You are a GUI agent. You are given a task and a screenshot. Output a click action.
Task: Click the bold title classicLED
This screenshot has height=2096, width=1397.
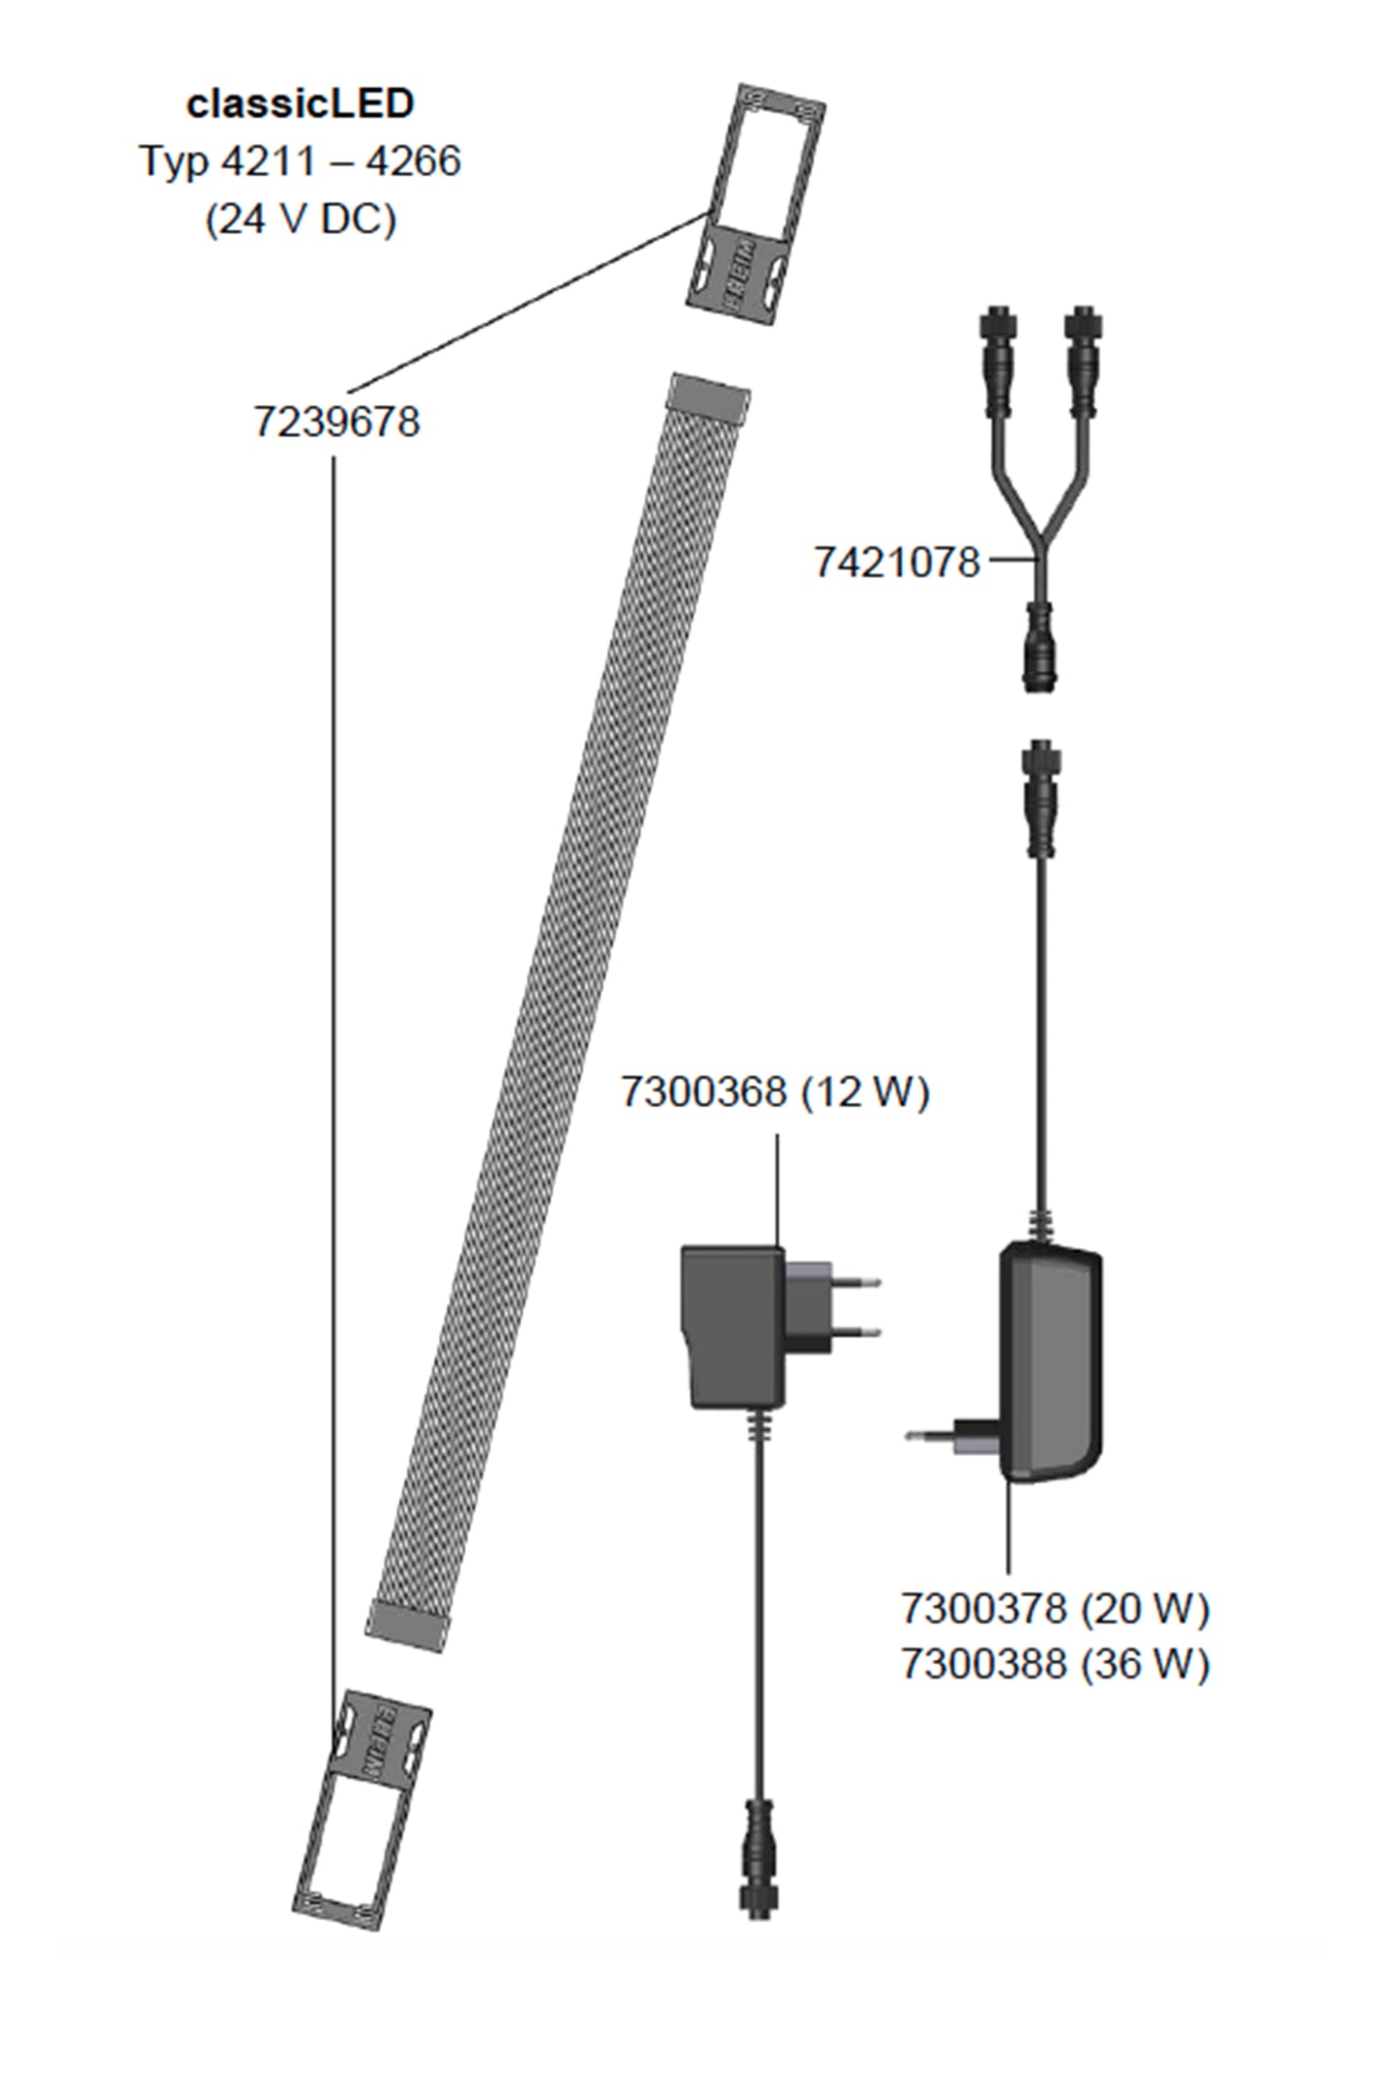tap(300, 104)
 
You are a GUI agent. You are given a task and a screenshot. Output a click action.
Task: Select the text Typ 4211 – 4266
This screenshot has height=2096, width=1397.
tap(300, 161)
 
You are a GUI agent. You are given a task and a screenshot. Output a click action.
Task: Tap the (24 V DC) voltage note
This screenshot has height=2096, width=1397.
tap(300, 219)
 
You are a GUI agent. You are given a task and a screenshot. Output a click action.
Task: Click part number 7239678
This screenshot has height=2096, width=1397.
tap(336, 422)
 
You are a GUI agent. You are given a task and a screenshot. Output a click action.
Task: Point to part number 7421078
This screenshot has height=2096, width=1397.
tap(896, 563)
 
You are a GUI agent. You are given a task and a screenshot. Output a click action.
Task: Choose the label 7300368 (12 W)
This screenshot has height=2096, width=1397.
tap(773, 1092)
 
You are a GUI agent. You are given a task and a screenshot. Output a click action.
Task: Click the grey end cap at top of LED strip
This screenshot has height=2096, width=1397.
tap(710, 397)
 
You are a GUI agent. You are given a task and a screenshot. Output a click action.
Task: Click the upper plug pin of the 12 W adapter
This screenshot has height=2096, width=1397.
tap(856, 1283)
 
